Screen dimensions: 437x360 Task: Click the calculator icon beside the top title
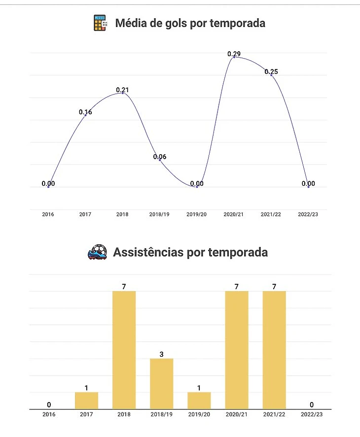pyautogui.click(x=101, y=23)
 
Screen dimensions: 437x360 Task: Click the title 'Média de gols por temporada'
pyautogui.click(x=190, y=23)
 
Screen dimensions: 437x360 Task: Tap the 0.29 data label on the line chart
pyautogui.click(x=234, y=54)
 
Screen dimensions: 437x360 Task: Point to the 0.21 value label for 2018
pyautogui.click(x=122, y=90)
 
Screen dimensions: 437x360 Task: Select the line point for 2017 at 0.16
pyautogui.click(x=85, y=115)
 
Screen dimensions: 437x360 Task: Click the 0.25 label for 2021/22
pyautogui.click(x=271, y=72)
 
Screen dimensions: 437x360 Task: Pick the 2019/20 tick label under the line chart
pyautogui.click(x=197, y=215)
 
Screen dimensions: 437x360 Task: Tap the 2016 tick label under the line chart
pyautogui.click(x=48, y=215)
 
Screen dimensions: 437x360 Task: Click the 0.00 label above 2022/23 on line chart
pyautogui.click(x=308, y=184)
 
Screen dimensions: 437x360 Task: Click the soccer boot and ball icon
pyautogui.click(x=97, y=252)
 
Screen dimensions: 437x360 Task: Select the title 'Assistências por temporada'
pyautogui.click(x=190, y=252)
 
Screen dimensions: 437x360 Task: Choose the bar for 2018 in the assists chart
pyautogui.click(x=124, y=350)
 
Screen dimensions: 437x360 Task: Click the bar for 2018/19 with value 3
pyautogui.click(x=161, y=383)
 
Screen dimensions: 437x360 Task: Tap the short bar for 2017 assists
pyautogui.click(x=86, y=401)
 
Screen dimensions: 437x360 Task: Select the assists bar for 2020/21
pyautogui.click(x=237, y=350)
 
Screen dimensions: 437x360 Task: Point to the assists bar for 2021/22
pyautogui.click(x=274, y=350)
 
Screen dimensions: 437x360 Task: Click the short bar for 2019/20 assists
pyautogui.click(x=199, y=401)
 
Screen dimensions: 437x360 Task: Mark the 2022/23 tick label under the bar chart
pyautogui.click(x=312, y=414)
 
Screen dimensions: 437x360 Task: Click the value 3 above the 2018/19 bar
pyautogui.click(x=161, y=354)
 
